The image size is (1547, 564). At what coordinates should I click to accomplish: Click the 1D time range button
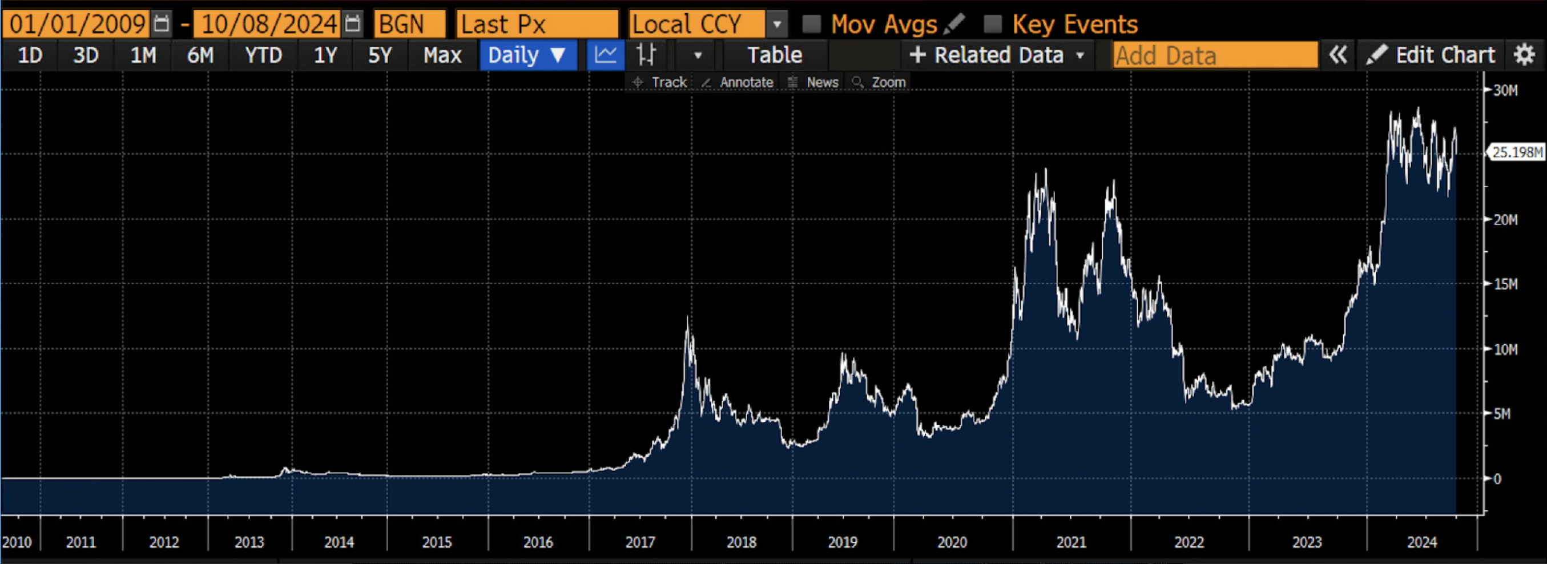(30, 55)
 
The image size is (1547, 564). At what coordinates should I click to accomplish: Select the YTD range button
(263, 55)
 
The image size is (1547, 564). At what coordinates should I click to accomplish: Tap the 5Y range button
(380, 55)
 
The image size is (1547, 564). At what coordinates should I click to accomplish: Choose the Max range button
(442, 55)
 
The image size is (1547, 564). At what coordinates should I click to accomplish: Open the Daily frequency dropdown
(527, 55)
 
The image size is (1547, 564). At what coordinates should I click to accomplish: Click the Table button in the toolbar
(774, 55)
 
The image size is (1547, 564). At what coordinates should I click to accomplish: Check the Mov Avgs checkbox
(811, 24)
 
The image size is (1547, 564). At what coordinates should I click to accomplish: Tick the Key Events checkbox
(992, 24)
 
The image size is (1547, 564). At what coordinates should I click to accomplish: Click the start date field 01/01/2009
(77, 24)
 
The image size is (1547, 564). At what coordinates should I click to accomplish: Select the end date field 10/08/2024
(269, 24)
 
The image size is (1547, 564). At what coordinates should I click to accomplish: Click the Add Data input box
(1214, 55)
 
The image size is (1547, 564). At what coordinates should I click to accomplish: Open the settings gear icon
(1524, 55)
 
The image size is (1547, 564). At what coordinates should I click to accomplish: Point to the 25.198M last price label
(1517, 152)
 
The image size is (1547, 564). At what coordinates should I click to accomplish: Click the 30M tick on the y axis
(1505, 90)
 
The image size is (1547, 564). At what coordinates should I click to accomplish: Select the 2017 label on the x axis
(639, 542)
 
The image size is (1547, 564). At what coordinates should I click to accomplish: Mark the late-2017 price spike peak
(688, 319)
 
